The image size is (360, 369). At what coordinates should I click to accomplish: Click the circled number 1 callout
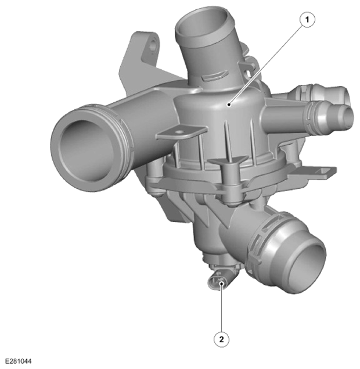pyautogui.click(x=307, y=20)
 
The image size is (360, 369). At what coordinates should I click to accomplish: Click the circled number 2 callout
pyautogui.click(x=221, y=339)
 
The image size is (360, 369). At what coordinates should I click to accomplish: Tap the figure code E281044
pyautogui.click(x=19, y=361)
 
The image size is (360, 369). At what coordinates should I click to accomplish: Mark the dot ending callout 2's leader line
pyautogui.click(x=221, y=284)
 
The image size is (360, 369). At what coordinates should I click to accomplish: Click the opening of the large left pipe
pyautogui.click(x=87, y=151)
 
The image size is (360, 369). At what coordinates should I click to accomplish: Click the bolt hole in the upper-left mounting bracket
pyautogui.click(x=153, y=44)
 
